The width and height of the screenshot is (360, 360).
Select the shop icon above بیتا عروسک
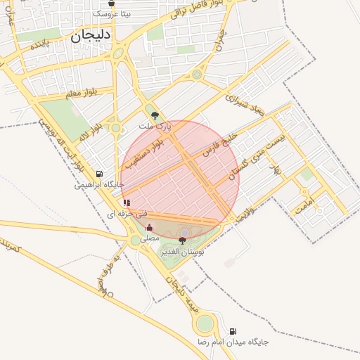coord(110,4)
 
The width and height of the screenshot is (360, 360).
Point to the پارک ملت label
coord(155,125)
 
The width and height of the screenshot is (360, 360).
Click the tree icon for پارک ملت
coord(155,115)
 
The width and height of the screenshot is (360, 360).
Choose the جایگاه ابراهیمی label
coord(100,185)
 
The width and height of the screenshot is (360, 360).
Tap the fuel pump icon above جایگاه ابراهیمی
coord(98,174)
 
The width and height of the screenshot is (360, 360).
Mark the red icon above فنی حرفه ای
coord(127,202)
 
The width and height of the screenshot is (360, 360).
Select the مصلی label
coord(150,238)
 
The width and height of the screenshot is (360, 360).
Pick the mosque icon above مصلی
coord(149,228)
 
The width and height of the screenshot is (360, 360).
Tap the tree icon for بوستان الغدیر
coord(183,240)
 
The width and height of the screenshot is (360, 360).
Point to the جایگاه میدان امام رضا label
coord(232,342)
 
